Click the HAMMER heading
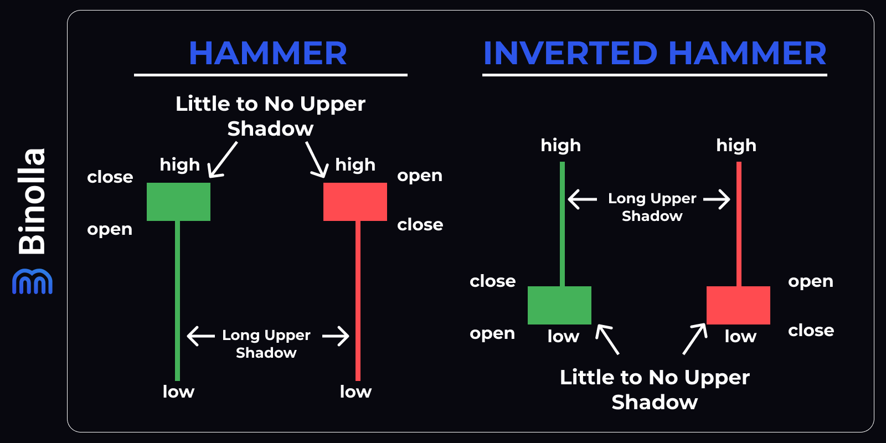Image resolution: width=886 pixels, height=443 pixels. click(x=268, y=53)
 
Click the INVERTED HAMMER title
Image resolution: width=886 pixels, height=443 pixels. click(x=655, y=53)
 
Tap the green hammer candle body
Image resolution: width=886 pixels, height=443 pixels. click(x=178, y=202)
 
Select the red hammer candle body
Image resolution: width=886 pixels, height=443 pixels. click(x=355, y=202)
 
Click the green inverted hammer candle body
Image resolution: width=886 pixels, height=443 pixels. click(x=559, y=305)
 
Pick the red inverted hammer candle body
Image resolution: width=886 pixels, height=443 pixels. click(x=738, y=305)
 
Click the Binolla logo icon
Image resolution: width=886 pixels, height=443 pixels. click(x=32, y=281)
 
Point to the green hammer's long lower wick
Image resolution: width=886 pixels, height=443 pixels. click(x=178, y=299)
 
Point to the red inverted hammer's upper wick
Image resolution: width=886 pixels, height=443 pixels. click(x=739, y=221)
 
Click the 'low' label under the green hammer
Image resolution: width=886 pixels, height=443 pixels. click(x=178, y=392)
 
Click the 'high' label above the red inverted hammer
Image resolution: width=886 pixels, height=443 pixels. click(x=736, y=145)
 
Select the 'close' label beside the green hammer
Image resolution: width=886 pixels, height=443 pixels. click(x=110, y=177)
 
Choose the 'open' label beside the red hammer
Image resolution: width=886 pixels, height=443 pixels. click(x=420, y=176)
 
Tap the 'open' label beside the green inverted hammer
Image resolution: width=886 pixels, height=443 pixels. click(x=492, y=333)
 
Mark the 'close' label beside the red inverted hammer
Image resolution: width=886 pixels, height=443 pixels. click(x=811, y=331)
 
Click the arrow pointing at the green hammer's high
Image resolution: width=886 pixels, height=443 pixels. click(x=223, y=160)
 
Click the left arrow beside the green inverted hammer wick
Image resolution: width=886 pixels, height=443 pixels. click(x=583, y=199)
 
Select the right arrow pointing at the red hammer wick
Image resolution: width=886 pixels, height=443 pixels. click(x=336, y=336)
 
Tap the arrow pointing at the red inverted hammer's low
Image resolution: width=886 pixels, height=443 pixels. click(x=696, y=338)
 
